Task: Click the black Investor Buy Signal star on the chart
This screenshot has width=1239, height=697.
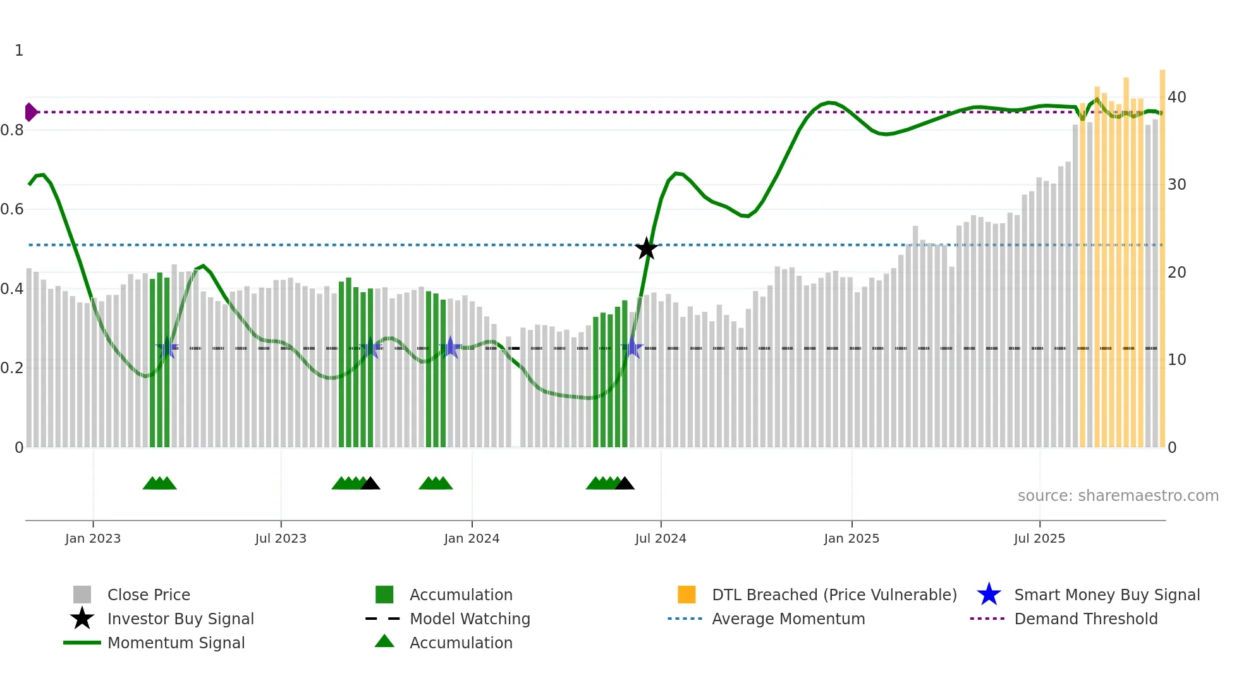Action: click(x=646, y=249)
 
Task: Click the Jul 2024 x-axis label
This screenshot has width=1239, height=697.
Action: click(x=661, y=538)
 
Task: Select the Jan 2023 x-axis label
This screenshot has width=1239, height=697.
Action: click(x=93, y=538)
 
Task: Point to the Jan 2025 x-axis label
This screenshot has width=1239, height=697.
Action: click(x=851, y=538)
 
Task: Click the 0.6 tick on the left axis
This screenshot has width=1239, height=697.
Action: click(x=13, y=209)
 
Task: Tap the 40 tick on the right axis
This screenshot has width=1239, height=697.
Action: click(x=1176, y=97)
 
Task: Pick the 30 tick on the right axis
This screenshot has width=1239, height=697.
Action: click(x=1176, y=185)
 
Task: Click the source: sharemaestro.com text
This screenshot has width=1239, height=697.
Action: click(x=1118, y=496)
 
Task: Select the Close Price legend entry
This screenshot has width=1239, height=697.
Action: click(x=149, y=595)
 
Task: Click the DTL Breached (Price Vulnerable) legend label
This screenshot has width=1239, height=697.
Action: click(x=834, y=595)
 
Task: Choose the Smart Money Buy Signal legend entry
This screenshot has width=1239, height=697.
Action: click(x=1106, y=595)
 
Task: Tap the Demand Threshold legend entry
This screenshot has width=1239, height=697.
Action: click(x=1085, y=619)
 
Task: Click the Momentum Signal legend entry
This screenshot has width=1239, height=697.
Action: click(x=176, y=643)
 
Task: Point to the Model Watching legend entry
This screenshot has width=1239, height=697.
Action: click(x=470, y=619)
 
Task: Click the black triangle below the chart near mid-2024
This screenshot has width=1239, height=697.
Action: click(x=625, y=483)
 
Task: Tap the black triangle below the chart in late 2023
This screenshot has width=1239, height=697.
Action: click(x=370, y=483)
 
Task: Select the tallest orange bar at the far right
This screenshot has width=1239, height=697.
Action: click(x=1162, y=253)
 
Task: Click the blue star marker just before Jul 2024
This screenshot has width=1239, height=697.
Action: click(x=632, y=348)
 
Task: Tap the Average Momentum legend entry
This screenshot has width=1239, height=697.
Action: click(x=788, y=619)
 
